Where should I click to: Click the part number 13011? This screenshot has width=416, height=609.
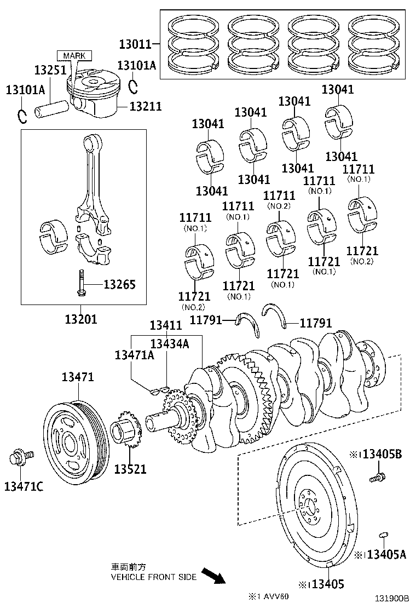pyautogui.click(x=135, y=44)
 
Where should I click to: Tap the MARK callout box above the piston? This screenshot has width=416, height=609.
pyautogui.click(x=74, y=55)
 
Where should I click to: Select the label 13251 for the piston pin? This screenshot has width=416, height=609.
pyautogui.click(x=50, y=70)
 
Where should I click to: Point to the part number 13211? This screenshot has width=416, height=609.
pyautogui.click(x=146, y=106)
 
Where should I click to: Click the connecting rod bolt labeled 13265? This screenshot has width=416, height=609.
pyautogui.click(x=80, y=283)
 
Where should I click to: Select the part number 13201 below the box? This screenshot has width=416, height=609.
pyautogui.click(x=80, y=319)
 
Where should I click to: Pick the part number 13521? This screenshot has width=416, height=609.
pyautogui.click(x=130, y=469)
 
